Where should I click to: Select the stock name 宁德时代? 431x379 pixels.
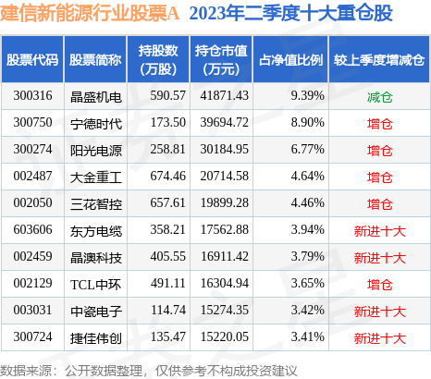click(x=95, y=123)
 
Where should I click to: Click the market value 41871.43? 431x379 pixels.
click(x=221, y=96)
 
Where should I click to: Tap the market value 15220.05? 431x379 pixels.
click(x=221, y=337)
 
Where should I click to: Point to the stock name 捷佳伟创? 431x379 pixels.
click(x=95, y=337)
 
